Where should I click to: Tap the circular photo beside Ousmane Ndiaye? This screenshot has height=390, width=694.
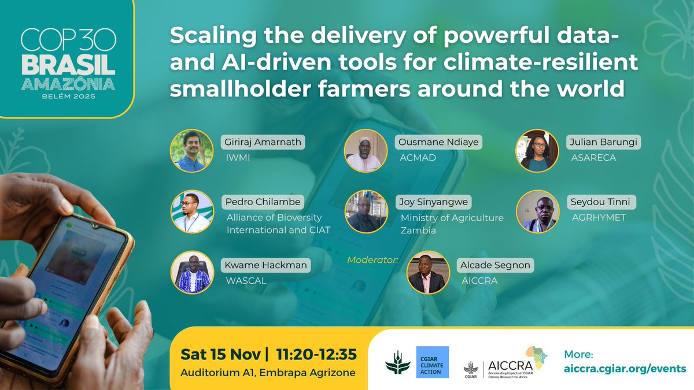[x=366, y=150]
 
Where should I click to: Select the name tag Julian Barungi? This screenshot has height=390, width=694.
[x=599, y=143]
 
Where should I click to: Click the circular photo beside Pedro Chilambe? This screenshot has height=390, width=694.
[x=192, y=211]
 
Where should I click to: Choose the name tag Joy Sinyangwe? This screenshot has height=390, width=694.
[x=433, y=203]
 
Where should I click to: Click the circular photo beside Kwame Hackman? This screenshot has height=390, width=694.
[x=192, y=272]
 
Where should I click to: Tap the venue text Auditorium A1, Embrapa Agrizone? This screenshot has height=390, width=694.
[x=267, y=373]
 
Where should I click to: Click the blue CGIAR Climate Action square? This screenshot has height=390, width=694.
[x=432, y=362]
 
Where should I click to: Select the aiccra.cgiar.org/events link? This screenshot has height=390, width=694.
[x=625, y=369]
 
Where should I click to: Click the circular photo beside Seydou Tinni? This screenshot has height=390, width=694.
[x=537, y=211]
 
